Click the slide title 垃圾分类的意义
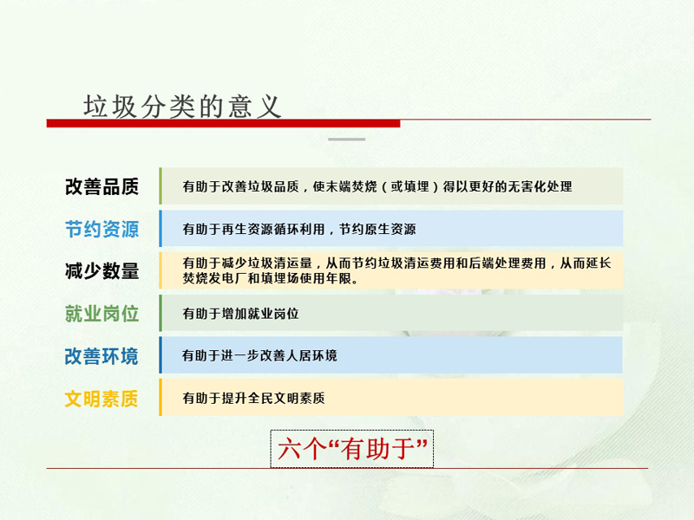(182, 107)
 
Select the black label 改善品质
(101, 186)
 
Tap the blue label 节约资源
(101, 229)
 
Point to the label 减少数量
(101, 270)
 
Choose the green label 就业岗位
(101, 314)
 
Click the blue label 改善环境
(101, 356)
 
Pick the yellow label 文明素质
(101, 399)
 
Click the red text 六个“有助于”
(352, 449)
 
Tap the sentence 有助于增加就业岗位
(241, 314)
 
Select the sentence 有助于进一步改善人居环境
(259, 355)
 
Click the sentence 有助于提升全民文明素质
(253, 398)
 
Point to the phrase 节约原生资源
(377, 229)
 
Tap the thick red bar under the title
(223, 123)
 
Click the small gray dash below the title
(346, 140)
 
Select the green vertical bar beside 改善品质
(160, 185)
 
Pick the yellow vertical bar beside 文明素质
(160, 397)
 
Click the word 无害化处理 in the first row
(540, 186)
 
